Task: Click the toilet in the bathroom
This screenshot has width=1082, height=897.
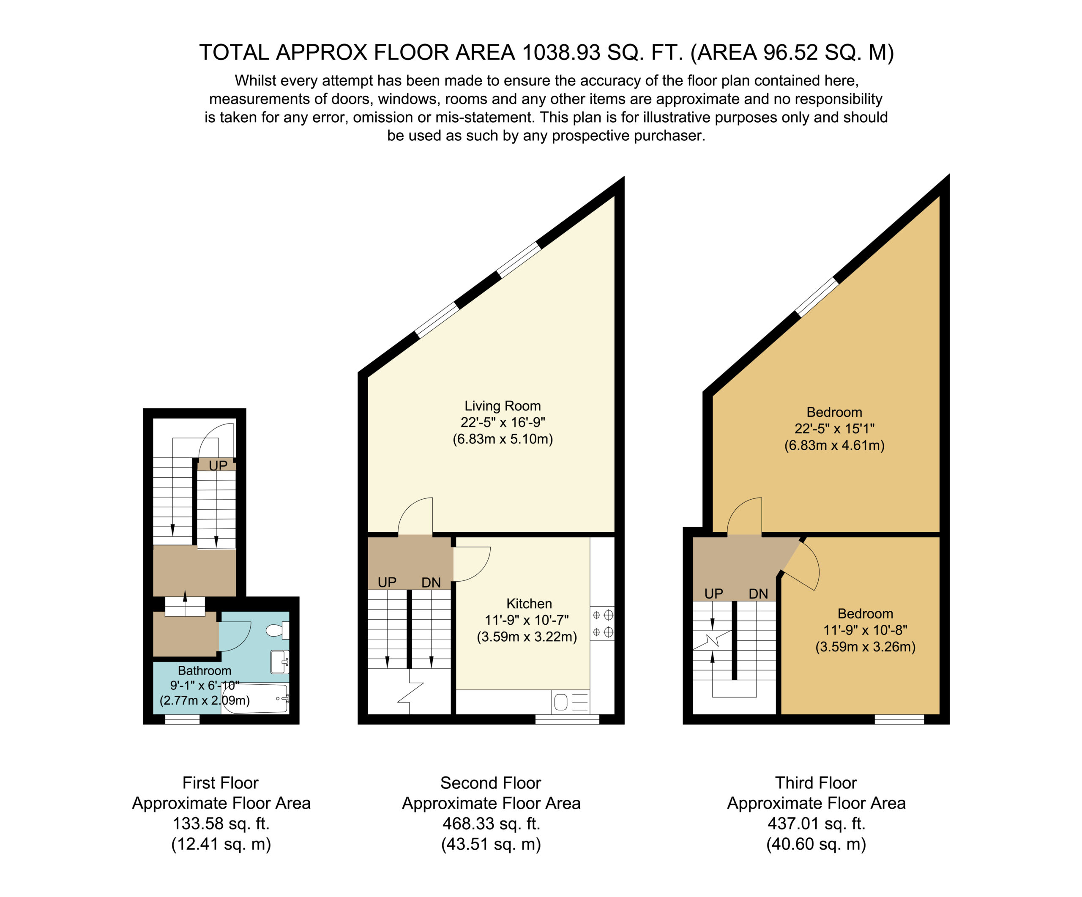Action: [277, 630]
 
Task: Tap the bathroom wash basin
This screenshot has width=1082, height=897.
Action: [280, 662]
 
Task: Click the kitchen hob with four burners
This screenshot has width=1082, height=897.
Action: [602, 623]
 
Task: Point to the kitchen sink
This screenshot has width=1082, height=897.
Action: [570, 702]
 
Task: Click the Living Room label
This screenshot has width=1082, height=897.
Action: [503, 406]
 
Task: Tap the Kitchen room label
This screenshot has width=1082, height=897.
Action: [529, 603]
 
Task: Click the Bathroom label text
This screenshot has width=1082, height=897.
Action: [205, 670]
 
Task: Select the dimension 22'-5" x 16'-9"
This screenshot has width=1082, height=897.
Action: [503, 422]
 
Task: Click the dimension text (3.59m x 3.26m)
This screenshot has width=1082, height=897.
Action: [866, 647]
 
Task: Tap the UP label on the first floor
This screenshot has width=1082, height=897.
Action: [218, 465]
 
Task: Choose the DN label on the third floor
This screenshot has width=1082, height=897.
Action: [758, 593]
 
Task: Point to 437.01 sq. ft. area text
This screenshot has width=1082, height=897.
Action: [816, 823]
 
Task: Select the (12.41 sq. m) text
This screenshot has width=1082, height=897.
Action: [221, 844]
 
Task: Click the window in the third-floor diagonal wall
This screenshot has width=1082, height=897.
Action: [817, 296]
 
